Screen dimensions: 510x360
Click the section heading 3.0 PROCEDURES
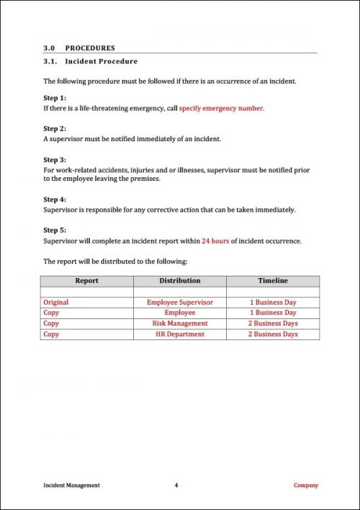pyautogui.click(x=79, y=48)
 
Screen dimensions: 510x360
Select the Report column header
pyautogui.click(x=87, y=281)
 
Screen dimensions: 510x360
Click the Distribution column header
pyautogui.click(x=180, y=281)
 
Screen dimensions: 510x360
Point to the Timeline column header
pyautogui.click(x=273, y=281)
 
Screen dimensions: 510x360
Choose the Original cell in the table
pyautogui.click(x=56, y=303)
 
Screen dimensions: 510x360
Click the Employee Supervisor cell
pyautogui.click(x=180, y=303)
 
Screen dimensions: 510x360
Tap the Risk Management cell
pyautogui.click(x=180, y=323)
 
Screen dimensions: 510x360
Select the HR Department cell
pyautogui.click(x=180, y=334)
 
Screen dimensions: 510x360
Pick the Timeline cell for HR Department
pyautogui.click(x=273, y=334)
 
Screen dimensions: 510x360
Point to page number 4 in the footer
pyautogui.click(x=176, y=486)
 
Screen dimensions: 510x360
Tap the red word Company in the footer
pyautogui.click(x=305, y=486)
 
